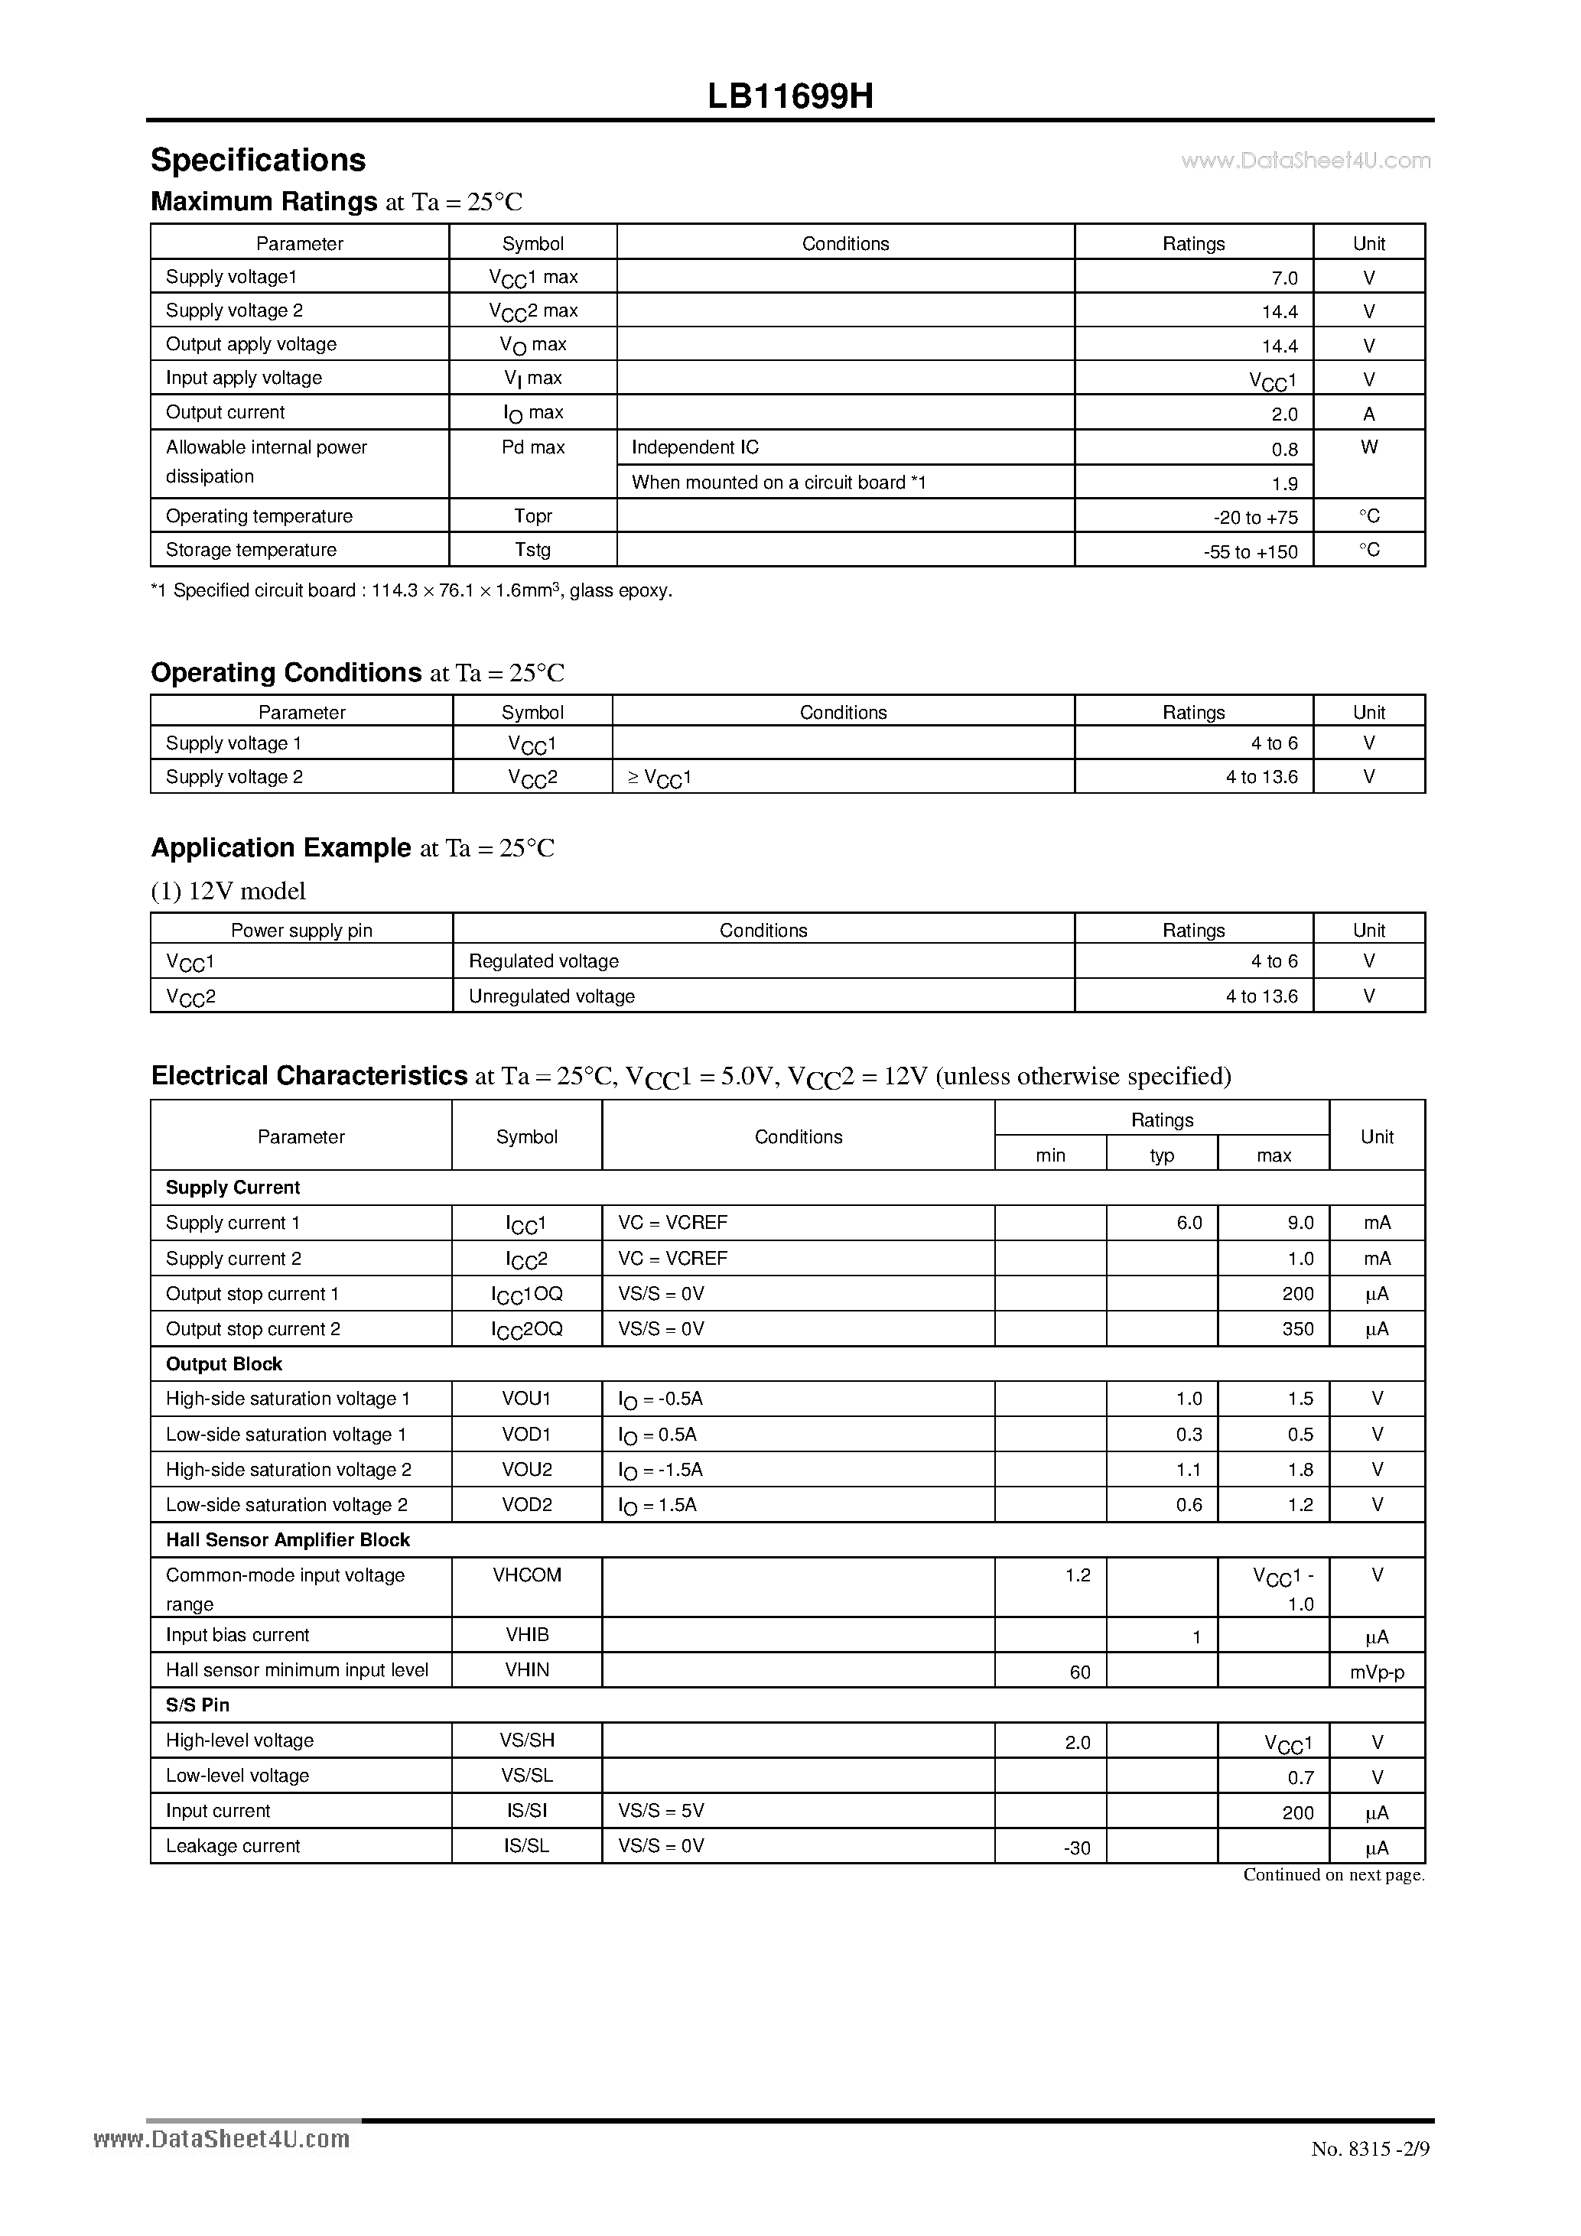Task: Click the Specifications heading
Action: [x=258, y=160]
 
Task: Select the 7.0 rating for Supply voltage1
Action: [x=1284, y=278]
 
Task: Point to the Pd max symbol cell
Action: [x=533, y=448]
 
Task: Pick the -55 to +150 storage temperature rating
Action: [x=1250, y=552]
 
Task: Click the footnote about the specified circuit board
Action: [x=411, y=591]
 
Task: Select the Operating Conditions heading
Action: [x=285, y=673]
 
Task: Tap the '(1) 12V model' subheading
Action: [x=228, y=891]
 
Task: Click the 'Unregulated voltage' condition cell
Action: [x=551, y=996]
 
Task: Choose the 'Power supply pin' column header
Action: [x=301, y=930]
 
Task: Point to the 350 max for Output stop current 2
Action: [x=1297, y=1329]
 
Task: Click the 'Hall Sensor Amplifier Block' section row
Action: [x=288, y=1539]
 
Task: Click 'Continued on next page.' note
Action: [x=1332, y=1875]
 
